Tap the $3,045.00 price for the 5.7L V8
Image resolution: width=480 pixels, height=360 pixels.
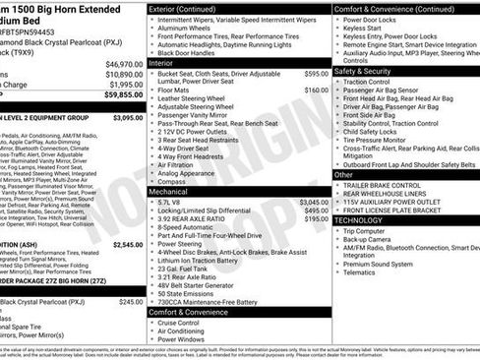click(x=315, y=201)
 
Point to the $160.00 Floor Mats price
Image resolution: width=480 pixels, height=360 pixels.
click(x=317, y=90)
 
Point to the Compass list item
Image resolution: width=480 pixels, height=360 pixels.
click(x=174, y=181)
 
